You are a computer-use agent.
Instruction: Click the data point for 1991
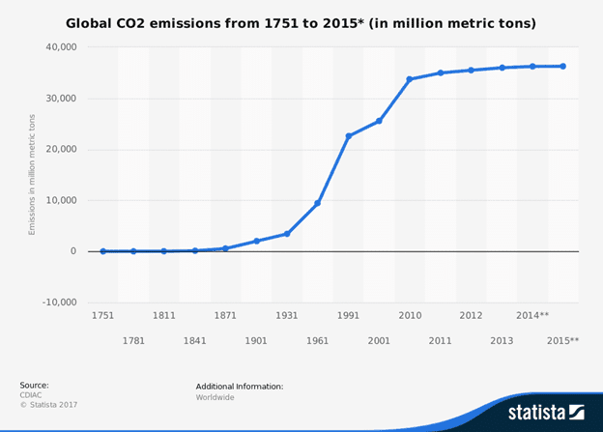(x=349, y=136)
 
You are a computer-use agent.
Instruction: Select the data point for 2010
(x=409, y=79)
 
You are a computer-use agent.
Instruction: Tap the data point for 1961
(x=318, y=203)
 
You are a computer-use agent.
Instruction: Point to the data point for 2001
(x=379, y=121)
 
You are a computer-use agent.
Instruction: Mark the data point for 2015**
(x=563, y=67)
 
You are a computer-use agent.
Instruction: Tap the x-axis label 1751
(x=102, y=316)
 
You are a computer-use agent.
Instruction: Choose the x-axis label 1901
(x=256, y=340)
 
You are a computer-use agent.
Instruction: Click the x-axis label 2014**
(x=532, y=316)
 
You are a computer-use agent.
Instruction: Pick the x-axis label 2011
(x=441, y=340)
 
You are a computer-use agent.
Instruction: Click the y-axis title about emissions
(x=32, y=174)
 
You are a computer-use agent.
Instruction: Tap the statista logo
(x=546, y=412)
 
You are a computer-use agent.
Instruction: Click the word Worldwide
(x=215, y=396)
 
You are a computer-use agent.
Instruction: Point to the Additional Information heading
(x=239, y=386)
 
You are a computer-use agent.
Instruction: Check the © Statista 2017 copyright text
(x=47, y=406)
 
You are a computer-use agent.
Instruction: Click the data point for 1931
(x=287, y=234)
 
